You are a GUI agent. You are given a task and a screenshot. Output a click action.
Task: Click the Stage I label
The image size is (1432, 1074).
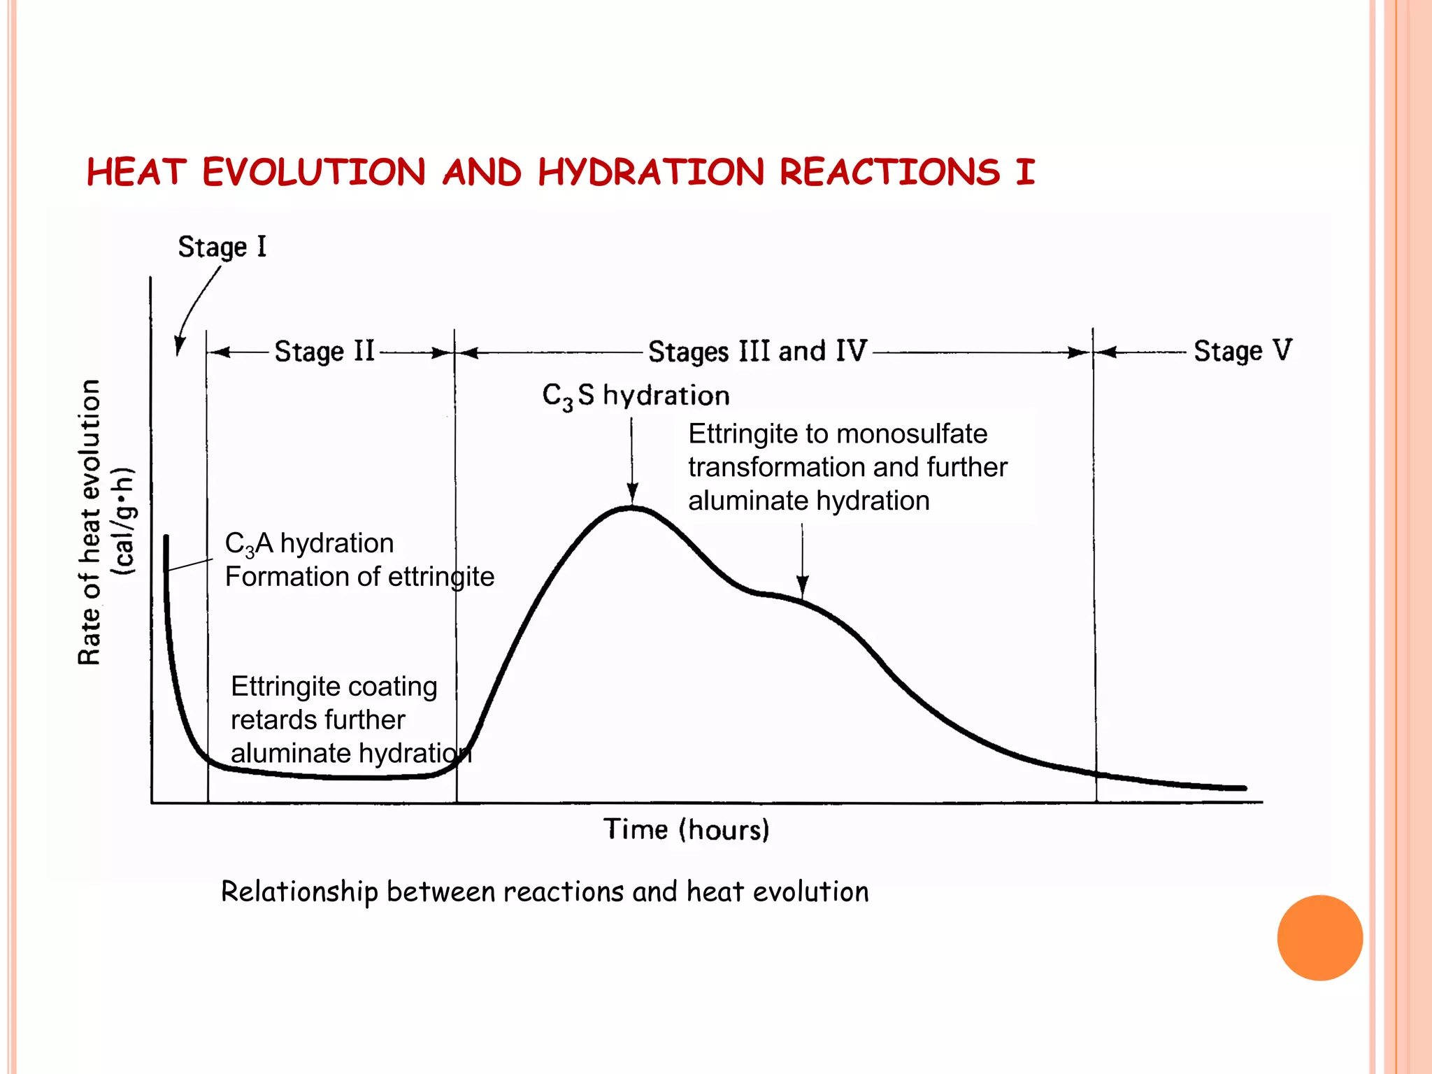222,247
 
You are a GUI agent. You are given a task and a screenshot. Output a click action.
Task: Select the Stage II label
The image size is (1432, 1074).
324,351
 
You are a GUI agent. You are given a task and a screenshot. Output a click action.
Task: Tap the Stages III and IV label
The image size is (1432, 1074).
758,351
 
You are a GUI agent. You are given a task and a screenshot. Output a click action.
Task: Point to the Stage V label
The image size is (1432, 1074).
1243,351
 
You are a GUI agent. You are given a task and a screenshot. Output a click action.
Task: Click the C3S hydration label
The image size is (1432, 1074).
636,396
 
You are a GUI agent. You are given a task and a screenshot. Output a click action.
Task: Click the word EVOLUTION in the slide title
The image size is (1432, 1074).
314,172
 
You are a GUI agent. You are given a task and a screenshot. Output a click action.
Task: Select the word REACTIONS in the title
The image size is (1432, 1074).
890,172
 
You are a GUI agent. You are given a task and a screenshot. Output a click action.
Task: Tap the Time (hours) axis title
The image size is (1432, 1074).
686,830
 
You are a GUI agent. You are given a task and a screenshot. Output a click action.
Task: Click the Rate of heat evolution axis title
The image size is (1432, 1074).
89,522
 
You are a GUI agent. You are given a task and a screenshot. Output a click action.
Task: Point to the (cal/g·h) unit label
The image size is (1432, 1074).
124,522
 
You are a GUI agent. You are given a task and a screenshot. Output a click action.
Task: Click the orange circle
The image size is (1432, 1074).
1319,938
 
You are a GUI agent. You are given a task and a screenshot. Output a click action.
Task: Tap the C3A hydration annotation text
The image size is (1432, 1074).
309,543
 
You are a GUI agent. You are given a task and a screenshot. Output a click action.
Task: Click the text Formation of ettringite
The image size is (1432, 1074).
359,577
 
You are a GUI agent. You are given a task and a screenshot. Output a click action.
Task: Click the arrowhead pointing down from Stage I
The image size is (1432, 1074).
180,346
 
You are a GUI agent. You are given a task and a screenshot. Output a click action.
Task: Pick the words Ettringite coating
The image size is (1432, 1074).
334,687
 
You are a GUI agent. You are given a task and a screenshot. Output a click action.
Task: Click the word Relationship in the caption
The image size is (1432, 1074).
299,892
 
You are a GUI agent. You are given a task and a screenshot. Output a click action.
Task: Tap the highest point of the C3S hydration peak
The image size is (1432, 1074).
632,508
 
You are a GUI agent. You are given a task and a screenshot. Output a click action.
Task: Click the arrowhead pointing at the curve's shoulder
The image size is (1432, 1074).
803,585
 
